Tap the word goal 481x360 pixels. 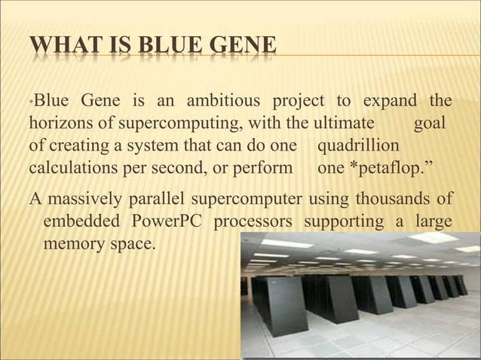pyautogui.click(x=430, y=123)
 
